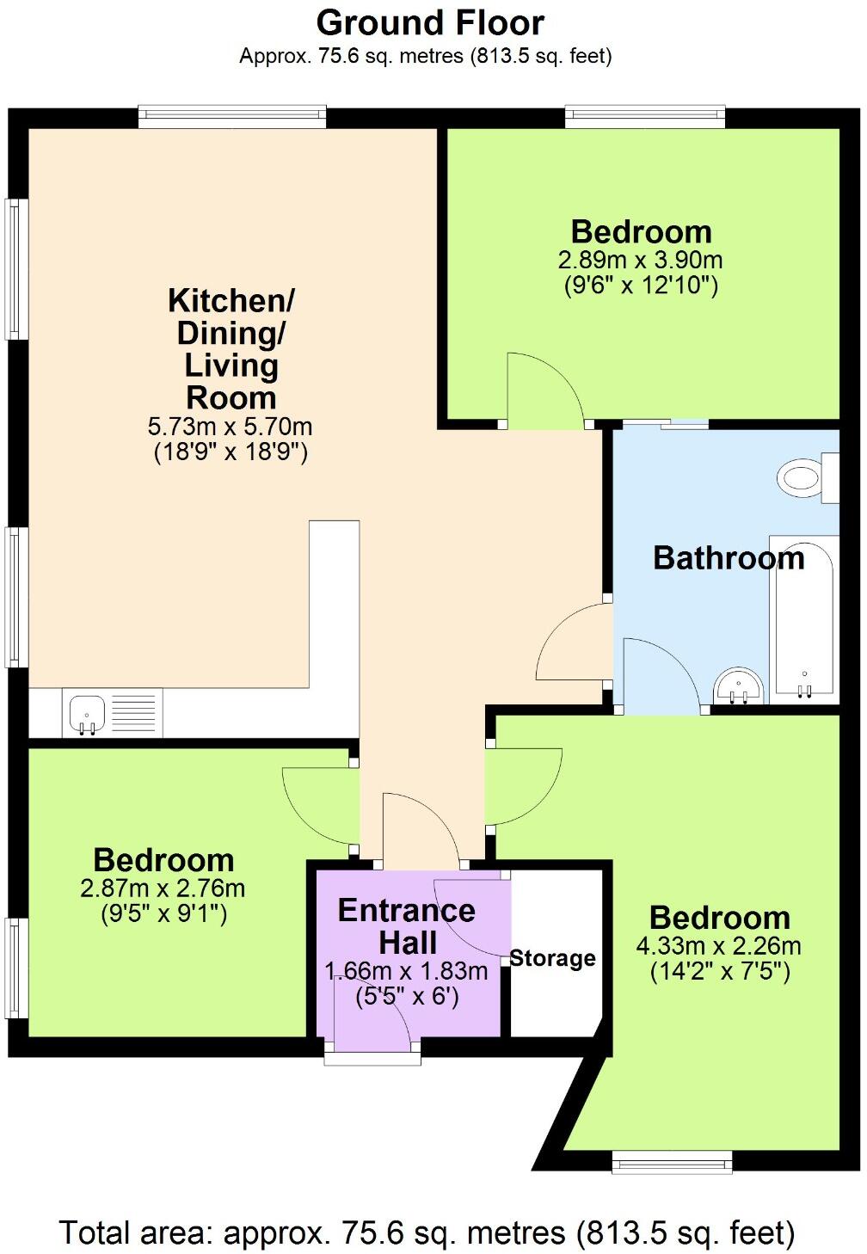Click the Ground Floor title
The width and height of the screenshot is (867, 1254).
pos(430,23)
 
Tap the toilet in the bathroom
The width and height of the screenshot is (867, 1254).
pos(808,478)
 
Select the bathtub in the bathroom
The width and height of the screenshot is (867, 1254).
pos(804,619)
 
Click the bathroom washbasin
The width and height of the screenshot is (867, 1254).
pos(738,685)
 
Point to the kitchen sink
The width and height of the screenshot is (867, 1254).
pos(87,713)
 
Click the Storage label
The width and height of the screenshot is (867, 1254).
pos(552,958)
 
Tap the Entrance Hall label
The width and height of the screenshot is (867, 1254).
pos(407,926)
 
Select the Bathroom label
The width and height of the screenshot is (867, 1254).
pos(729,558)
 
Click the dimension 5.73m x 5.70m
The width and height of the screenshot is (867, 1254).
pos(230,427)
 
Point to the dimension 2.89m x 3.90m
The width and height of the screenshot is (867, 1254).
pos(640,260)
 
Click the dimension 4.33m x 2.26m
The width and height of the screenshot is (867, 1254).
pos(719,946)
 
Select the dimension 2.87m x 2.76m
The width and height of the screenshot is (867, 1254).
pos(163,888)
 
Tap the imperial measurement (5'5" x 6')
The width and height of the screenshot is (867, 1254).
pos(407,997)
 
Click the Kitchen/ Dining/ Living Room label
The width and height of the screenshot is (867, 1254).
pos(231,349)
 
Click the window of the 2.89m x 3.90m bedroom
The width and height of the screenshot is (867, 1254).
pos(645,118)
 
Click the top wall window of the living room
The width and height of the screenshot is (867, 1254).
pos(232,118)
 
